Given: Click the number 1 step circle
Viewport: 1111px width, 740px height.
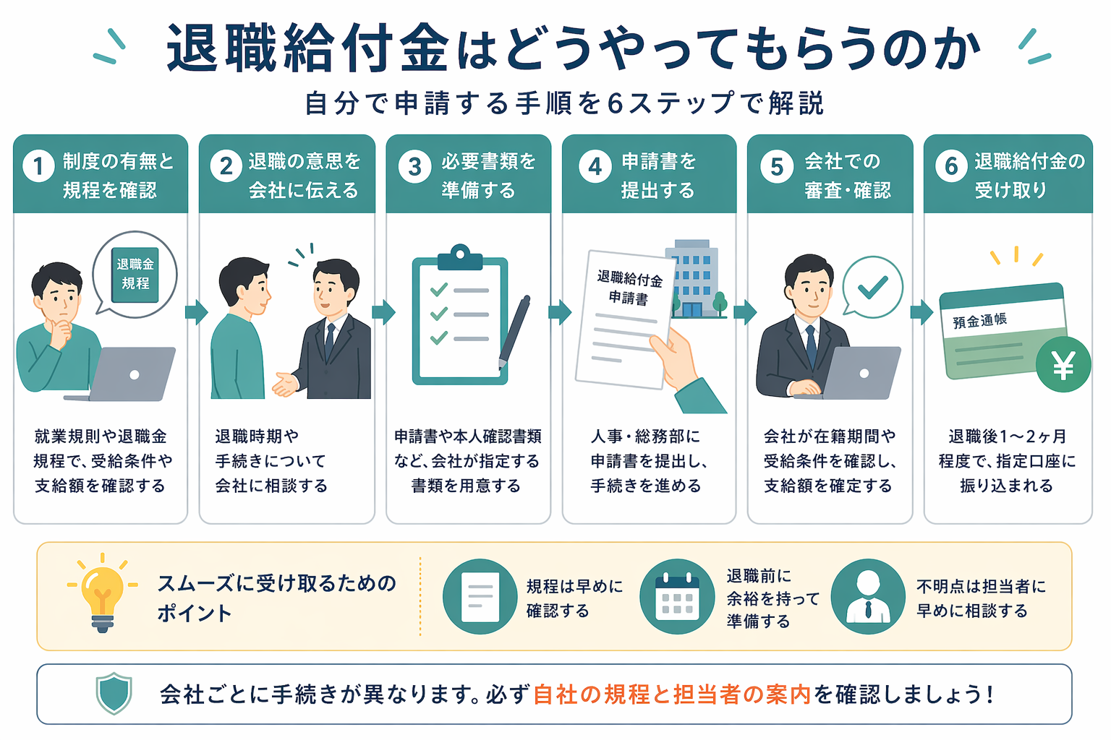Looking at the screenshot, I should click(38, 166).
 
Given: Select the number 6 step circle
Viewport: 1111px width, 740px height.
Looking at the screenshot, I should click(951, 166).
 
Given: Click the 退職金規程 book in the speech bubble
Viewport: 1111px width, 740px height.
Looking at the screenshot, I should click(135, 274).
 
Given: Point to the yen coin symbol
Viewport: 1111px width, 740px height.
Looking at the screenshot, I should click(1063, 365).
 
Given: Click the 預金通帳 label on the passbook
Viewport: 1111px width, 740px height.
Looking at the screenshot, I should click(979, 320).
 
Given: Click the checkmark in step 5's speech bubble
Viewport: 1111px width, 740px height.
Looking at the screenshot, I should click(873, 287).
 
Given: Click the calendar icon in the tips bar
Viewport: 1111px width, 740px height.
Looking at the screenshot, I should click(677, 596).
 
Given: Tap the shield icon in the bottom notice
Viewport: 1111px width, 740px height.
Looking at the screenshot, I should click(114, 694).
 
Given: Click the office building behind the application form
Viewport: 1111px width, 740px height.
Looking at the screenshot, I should click(695, 278).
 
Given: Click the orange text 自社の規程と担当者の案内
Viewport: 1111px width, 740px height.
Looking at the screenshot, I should click(672, 694).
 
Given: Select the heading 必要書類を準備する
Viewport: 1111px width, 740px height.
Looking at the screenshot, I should click(488, 175).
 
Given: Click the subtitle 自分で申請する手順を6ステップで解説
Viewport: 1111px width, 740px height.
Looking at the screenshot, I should click(564, 103).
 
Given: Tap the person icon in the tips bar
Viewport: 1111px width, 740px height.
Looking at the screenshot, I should click(868, 596).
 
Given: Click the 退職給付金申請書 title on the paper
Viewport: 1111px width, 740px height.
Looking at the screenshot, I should click(629, 287).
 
